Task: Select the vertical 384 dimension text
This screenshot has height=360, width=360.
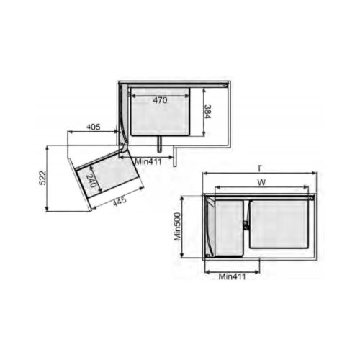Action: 208,111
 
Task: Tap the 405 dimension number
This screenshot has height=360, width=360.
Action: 94,127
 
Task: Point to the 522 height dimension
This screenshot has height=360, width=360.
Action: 42,179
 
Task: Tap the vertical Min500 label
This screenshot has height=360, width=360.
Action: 179,226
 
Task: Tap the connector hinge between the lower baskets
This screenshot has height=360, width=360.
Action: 248,225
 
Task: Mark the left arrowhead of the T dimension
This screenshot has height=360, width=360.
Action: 205,174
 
